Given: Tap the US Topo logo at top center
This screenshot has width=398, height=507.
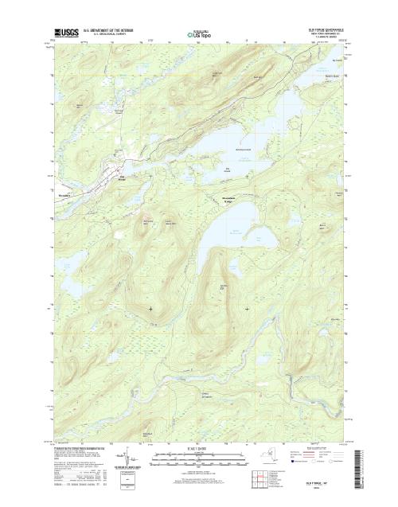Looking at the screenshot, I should (x=200, y=34).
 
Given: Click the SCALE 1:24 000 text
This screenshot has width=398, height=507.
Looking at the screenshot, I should (x=199, y=447).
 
